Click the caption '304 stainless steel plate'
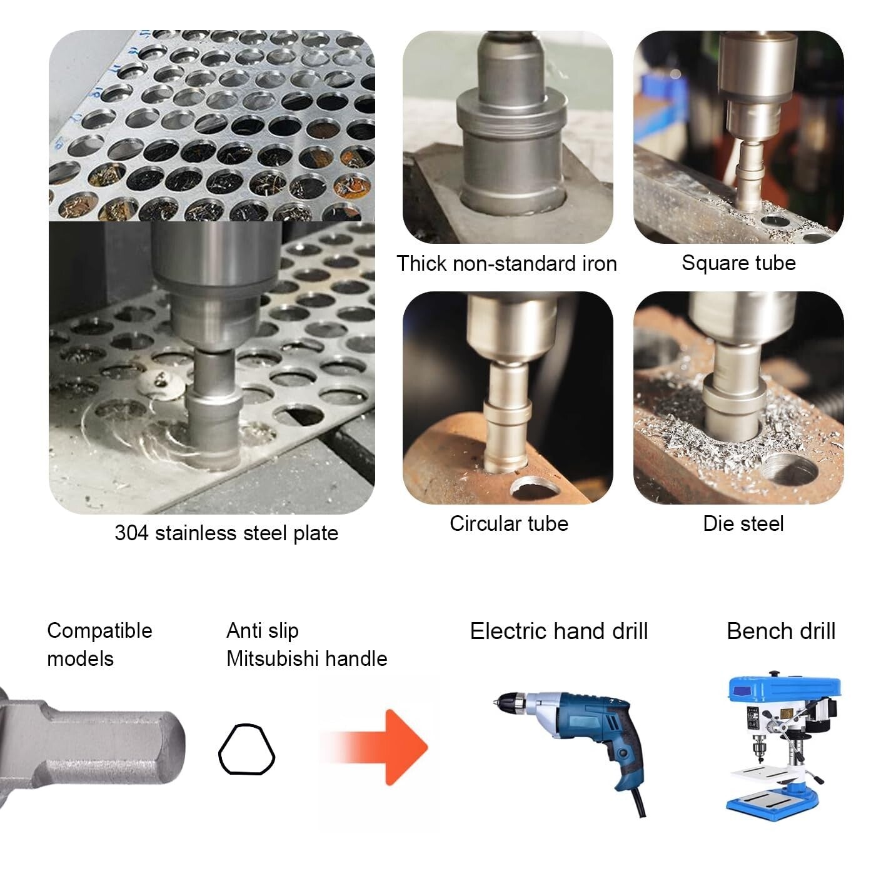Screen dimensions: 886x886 226,533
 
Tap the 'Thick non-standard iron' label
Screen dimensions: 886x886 506,263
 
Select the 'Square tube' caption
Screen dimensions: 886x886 738,263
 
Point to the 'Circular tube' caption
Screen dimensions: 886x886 509,523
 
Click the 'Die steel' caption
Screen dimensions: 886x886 743,523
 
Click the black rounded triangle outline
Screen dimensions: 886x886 246,750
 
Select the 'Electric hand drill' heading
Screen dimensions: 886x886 559,632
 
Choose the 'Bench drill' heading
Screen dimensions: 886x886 781,632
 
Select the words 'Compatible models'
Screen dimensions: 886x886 99,645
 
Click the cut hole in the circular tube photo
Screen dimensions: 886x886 535,488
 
